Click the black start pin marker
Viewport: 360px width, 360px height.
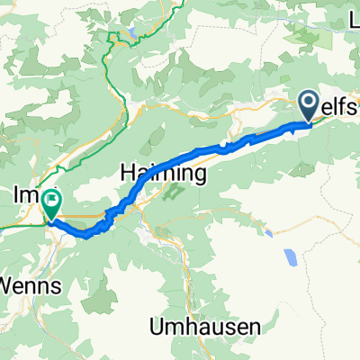pos(308,106)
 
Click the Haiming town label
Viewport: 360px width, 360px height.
pos(165,171)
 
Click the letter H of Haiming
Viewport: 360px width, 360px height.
pos(129,171)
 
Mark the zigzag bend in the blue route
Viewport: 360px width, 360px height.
pos(111,216)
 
